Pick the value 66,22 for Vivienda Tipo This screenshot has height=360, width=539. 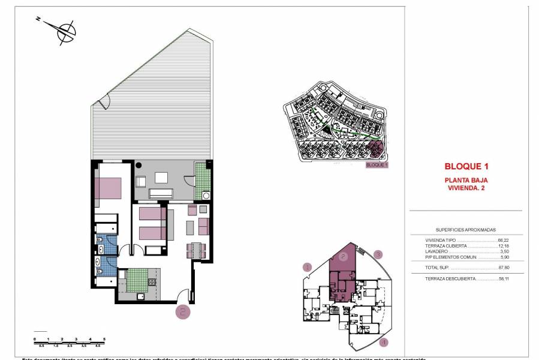502,239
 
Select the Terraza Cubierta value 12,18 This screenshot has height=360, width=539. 502,245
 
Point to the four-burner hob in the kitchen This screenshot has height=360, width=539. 152,281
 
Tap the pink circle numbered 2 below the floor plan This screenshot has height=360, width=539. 183,311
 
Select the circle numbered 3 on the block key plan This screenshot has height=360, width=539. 378,254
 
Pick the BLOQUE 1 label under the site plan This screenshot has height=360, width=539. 377,164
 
